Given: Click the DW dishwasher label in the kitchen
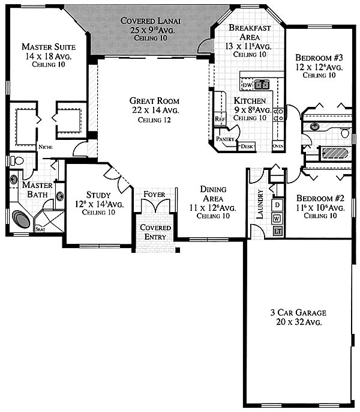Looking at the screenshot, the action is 247,85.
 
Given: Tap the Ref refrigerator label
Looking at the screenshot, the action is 220,119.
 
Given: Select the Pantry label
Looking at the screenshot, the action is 225,139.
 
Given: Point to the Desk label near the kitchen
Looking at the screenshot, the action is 247,147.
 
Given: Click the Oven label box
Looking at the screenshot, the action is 278,146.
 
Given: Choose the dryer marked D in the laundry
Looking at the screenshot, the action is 278,204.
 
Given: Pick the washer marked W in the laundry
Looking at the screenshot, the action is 277,219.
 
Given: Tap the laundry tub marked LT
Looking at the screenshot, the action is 278,231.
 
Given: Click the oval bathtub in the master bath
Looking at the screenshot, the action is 21,219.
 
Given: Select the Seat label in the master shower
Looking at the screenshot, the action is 40,229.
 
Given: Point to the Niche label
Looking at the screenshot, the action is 46,147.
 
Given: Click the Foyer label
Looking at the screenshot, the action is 154,195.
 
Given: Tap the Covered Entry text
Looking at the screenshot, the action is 155,232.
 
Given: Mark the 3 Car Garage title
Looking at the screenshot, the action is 298,312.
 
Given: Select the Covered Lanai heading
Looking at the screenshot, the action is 151,21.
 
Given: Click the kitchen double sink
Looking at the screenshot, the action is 262,85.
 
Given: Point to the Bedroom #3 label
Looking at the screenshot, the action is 319,57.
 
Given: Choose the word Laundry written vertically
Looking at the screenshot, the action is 260,204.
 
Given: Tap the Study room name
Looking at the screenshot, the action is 98,195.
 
